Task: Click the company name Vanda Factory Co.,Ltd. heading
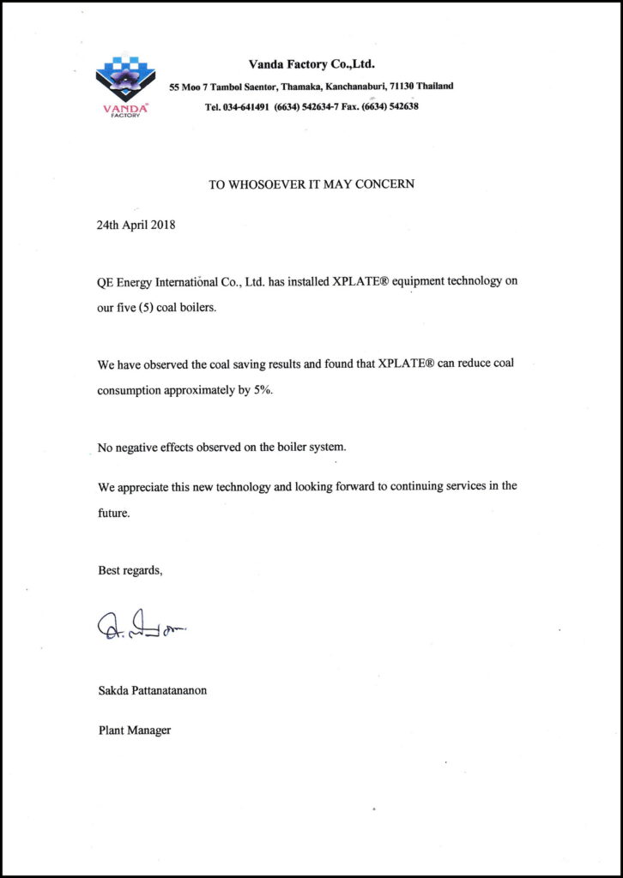pos(311,64)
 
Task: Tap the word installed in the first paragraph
pos(292,282)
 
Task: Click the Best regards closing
pos(130,570)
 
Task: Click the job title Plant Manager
pos(135,731)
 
